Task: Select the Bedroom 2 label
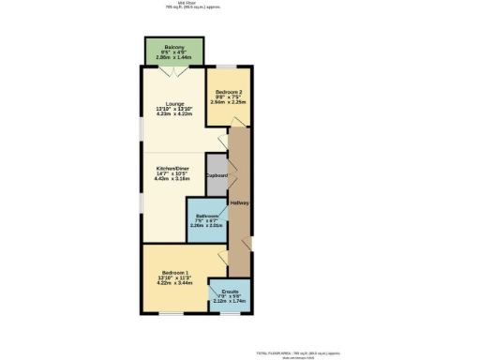click(230, 92)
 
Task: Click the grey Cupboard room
click(217, 174)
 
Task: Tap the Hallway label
click(239, 203)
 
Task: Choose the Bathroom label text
click(207, 215)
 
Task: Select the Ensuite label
click(230, 292)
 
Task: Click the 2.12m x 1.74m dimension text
click(230, 302)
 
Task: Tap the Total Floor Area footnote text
click(301, 352)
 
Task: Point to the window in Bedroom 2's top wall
click(229, 67)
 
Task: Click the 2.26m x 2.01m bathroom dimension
click(206, 225)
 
